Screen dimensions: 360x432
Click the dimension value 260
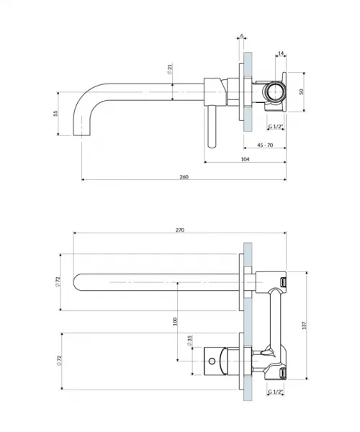point(184,177)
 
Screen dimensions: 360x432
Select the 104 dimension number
point(245,159)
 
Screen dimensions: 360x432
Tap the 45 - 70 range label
point(265,145)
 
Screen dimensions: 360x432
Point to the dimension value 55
point(55,114)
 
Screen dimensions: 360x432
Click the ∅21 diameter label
point(170,69)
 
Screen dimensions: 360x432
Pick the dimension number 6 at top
point(242,36)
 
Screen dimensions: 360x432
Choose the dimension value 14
point(281,53)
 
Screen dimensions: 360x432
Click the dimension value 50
point(302,91)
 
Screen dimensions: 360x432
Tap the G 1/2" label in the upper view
point(276,127)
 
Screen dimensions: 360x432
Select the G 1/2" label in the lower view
point(276,392)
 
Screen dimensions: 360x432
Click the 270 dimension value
point(179,230)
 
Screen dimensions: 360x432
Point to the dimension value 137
point(304,325)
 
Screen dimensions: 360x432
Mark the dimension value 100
point(175,321)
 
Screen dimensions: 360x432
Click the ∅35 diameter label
point(189,341)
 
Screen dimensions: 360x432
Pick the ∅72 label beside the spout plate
point(58,282)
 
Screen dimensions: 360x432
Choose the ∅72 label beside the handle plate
point(59,361)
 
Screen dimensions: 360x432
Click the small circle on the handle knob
point(212,361)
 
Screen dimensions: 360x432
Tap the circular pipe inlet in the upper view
point(275,91)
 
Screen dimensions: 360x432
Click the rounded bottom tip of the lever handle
point(212,145)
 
